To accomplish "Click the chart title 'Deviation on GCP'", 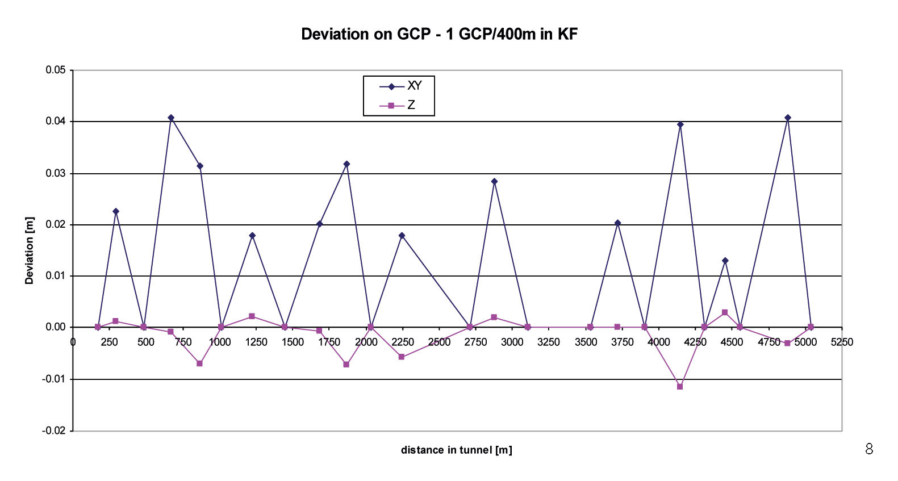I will click(439, 34).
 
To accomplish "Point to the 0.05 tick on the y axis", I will click(56, 70).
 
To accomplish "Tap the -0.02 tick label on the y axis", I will click(54, 430).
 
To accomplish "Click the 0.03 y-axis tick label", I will click(56, 173).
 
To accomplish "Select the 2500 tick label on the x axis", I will click(439, 342).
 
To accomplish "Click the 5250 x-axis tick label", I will click(842, 342).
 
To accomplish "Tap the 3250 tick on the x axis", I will click(549, 342).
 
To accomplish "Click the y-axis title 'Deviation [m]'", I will click(30, 250).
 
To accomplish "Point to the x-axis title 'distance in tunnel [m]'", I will click(456, 450).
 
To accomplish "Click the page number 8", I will click(868, 449).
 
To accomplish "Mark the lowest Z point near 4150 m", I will click(680, 386).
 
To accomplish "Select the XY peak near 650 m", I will click(171, 118).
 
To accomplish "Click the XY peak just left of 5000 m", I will click(788, 118).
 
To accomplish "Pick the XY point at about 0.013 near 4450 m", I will click(725, 261).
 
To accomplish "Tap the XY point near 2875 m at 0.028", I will click(494, 181).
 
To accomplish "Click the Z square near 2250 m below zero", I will click(402, 357).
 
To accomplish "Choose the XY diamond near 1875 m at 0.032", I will click(346, 164).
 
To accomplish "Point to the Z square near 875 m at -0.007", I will click(199, 363).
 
